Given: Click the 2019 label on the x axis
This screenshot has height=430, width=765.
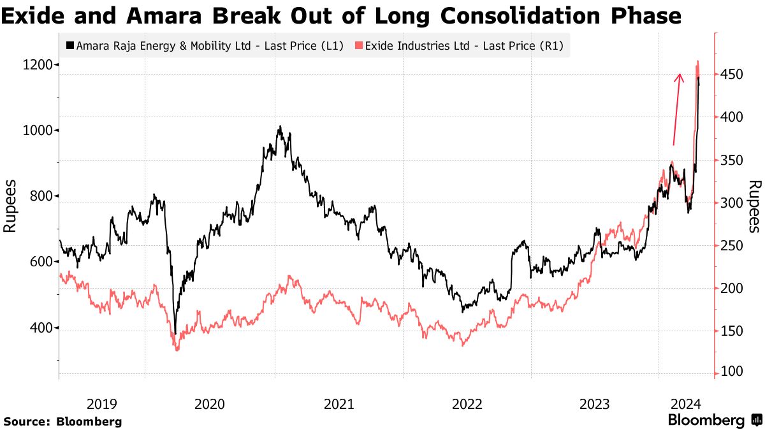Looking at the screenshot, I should pyautogui.click(x=102, y=404).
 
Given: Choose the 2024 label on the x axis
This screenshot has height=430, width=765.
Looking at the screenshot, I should pyautogui.click(x=687, y=404).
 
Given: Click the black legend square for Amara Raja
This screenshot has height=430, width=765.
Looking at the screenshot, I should pyautogui.click(x=69, y=46).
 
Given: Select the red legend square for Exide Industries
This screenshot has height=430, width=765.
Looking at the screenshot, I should pyautogui.click(x=359, y=46).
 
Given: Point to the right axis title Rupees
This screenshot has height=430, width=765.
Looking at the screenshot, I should pyautogui.click(x=754, y=206).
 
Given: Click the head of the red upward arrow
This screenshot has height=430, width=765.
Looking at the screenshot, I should pyautogui.click(x=679, y=76).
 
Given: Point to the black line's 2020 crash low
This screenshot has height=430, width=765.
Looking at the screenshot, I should pyautogui.click(x=175, y=333).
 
